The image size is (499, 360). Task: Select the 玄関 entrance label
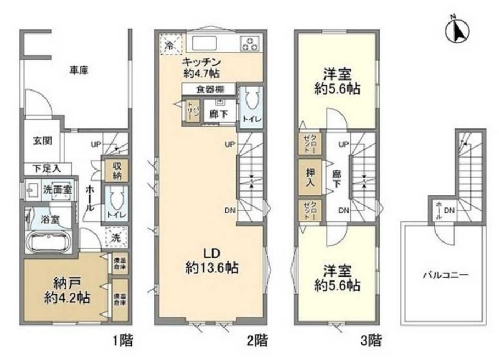tap(41, 140)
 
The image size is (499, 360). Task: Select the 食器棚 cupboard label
tap(208, 89)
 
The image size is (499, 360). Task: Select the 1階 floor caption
tap(123, 341)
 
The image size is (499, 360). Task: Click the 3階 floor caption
tap(371, 341)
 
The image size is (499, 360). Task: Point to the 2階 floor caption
tap(257, 341)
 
